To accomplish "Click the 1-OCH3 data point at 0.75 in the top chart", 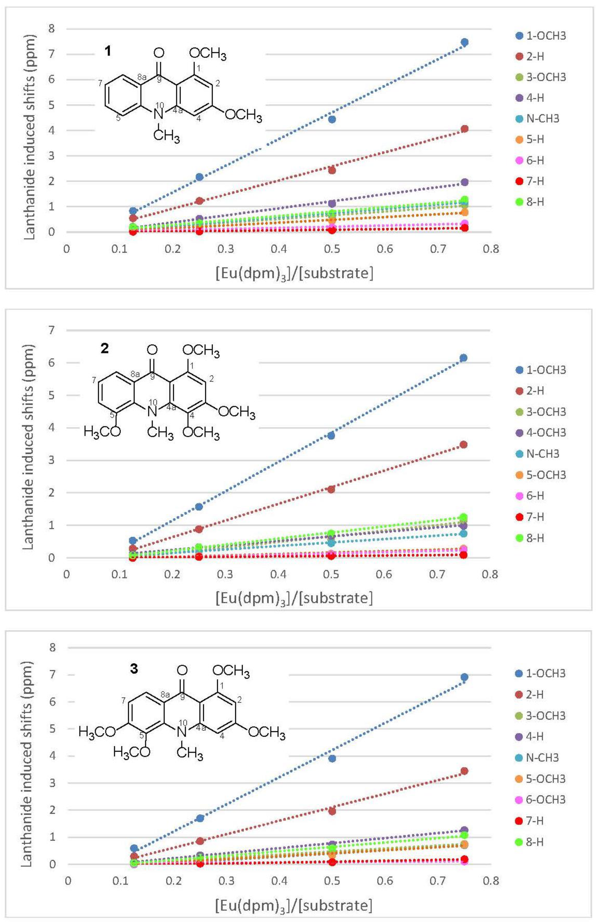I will click(x=464, y=42).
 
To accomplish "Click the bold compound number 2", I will click(x=105, y=349).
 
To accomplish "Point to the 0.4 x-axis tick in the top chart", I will click(x=279, y=249).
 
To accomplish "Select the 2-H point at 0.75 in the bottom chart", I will click(x=464, y=771).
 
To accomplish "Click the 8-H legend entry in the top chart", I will click(x=535, y=202).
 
